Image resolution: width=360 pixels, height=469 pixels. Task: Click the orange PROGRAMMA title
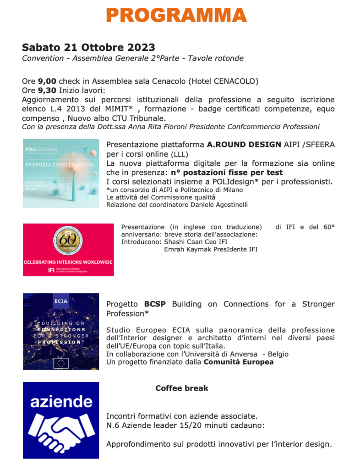[x=176, y=15]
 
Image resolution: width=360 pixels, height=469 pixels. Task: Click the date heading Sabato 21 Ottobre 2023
[x=88, y=48]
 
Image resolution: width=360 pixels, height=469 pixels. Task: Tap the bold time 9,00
[x=46, y=81]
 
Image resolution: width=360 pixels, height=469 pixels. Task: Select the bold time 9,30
[x=46, y=90]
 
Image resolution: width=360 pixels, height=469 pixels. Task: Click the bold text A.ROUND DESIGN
[x=244, y=144]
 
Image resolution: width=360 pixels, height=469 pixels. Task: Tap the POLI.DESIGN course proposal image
[x=61, y=174]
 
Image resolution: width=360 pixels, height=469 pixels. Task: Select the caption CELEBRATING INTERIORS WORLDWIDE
[x=68, y=262]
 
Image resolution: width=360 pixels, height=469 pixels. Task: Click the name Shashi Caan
[x=180, y=242]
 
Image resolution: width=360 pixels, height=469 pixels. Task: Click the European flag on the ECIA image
[x=61, y=363]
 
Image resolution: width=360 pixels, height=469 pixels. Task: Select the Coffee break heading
[x=181, y=388]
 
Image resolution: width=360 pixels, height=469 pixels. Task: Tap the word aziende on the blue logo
[x=61, y=402]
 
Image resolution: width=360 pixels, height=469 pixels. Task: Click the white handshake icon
[x=61, y=433]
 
